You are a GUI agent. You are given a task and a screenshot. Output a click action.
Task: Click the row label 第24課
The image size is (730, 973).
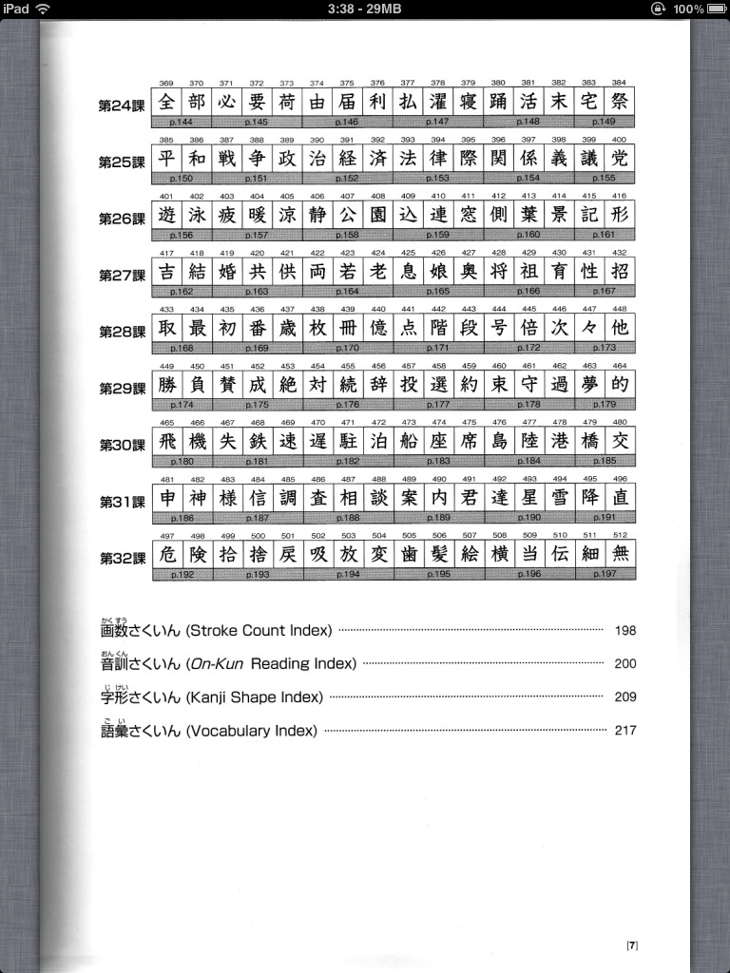(x=124, y=105)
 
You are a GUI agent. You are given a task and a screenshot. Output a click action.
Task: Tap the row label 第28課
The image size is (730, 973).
(x=124, y=332)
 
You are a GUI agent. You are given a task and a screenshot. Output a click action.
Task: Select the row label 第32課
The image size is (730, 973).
(x=124, y=558)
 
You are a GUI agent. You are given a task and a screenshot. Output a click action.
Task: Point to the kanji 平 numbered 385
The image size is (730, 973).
(x=167, y=158)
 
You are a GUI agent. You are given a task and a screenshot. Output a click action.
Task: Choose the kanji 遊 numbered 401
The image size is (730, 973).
(x=167, y=215)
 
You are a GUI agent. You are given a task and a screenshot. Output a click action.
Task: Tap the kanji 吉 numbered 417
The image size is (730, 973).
(x=167, y=271)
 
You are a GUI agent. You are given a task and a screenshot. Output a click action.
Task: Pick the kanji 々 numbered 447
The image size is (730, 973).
(x=590, y=328)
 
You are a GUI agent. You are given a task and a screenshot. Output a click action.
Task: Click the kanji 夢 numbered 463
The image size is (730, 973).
(x=590, y=384)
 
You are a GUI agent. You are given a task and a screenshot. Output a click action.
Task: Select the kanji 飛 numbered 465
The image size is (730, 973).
(x=167, y=441)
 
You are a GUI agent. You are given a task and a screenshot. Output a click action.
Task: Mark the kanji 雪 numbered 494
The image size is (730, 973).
(x=560, y=497)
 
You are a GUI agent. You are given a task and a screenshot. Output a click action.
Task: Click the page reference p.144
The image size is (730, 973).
(x=182, y=122)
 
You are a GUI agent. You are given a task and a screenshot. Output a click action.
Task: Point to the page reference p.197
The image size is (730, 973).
(x=605, y=574)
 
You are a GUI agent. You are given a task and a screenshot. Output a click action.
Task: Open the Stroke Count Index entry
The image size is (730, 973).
(x=217, y=629)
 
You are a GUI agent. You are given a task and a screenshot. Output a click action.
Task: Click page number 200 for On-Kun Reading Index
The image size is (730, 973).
(x=624, y=664)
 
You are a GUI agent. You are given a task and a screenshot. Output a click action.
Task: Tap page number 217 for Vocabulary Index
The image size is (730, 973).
(x=624, y=731)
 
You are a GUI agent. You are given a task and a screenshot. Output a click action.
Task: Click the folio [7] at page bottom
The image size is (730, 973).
(x=632, y=944)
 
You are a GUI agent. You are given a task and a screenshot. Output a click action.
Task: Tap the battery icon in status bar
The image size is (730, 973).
(x=715, y=9)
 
